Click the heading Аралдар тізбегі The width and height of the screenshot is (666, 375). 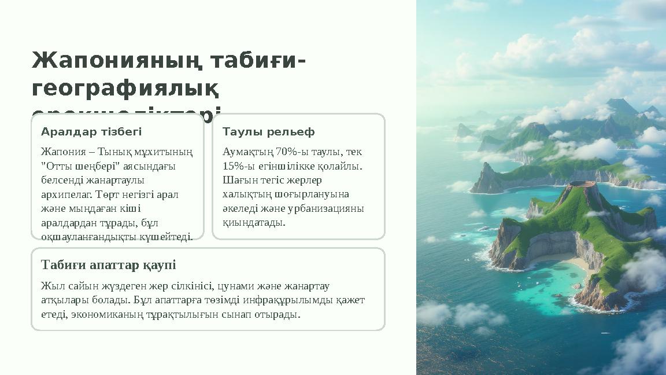click(x=91, y=132)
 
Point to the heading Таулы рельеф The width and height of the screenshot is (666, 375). click(x=269, y=132)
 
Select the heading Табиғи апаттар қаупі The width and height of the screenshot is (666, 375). click(x=109, y=265)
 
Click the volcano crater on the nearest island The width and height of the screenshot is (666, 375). click(x=583, y=186)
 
